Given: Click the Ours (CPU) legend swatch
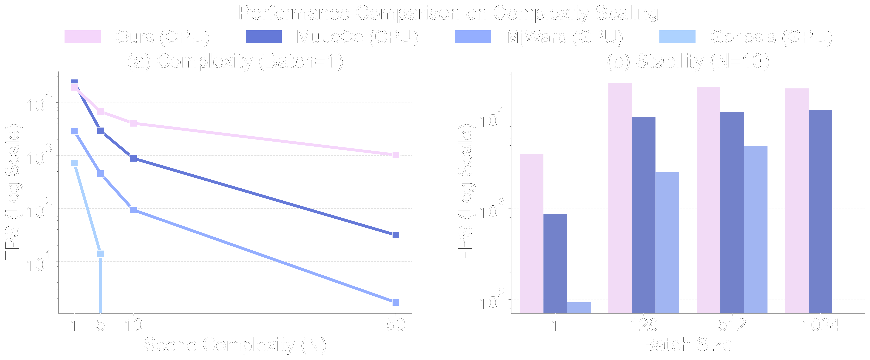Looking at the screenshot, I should [82, 36].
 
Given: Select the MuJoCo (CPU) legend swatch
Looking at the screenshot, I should [263, 36].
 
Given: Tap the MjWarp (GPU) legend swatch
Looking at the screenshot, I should [472, 36].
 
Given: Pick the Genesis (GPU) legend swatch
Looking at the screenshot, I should [677, 36].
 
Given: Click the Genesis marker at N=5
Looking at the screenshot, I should [100, 254].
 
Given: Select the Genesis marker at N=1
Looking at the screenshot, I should [74, 163].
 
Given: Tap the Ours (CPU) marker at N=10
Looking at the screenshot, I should [133, 123].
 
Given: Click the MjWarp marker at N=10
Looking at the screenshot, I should [133, 210].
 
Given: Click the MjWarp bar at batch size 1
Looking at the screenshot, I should [579, 308].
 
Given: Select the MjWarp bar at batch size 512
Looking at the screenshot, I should [756, 230].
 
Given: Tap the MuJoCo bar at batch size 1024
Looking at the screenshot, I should [820, 211].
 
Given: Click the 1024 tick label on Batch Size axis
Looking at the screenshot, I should [820, 325].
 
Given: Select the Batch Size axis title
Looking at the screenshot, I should [688, 344].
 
